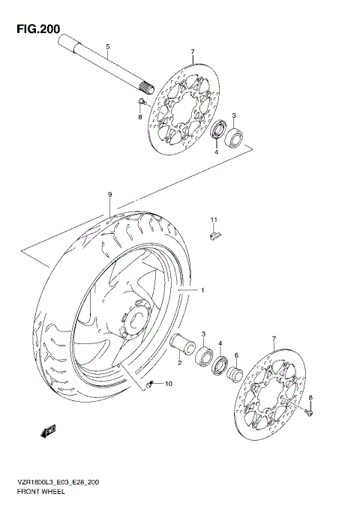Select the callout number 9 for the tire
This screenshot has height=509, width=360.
(109, 194)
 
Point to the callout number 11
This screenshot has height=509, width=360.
(213, 219)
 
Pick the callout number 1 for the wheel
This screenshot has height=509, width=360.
(200, 289)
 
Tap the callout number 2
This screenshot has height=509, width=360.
(180, 363)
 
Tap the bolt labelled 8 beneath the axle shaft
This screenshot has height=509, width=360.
(140, 101)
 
